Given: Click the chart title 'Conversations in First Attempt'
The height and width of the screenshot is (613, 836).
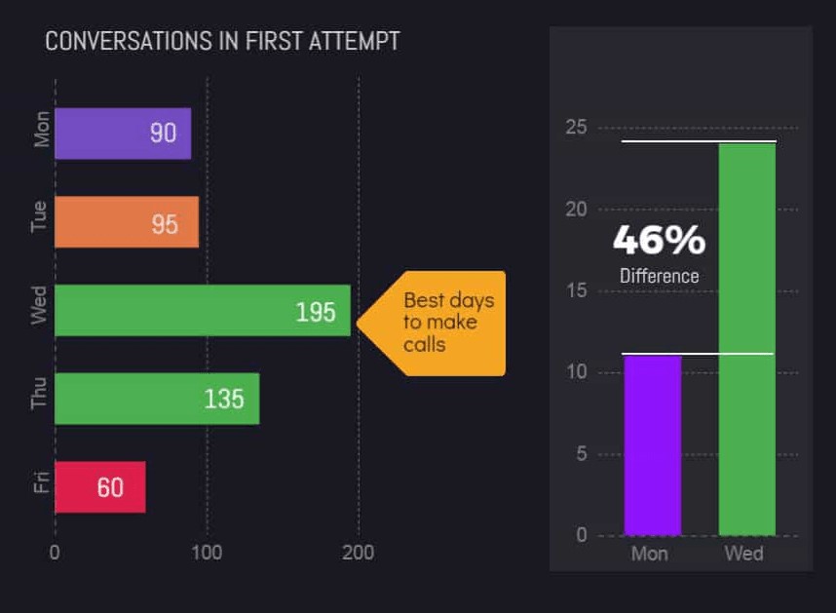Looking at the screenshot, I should click(x=222, y=42).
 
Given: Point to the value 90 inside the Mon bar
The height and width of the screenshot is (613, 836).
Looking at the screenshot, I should click(x=163, y=134).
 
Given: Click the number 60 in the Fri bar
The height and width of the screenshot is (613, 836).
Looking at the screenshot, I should click(x=110, y=486).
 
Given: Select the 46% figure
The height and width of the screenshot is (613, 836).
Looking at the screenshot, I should click(x=659, y=240).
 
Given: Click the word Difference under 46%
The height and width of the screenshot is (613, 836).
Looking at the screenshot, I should click(x=660, y=276).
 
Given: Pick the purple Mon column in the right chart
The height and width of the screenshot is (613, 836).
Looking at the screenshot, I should click(x=652, y=444).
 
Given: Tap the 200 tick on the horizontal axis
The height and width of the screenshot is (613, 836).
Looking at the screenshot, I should click(x=358, y=553).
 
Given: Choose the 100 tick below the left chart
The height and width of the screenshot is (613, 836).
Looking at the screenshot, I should click(x=207, y=553).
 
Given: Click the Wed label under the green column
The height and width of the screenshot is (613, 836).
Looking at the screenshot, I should click(x=744, y=554).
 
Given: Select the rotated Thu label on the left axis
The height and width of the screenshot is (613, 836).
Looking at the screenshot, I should click(x=39, y=399).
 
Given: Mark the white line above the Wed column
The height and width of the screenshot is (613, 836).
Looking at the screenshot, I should click(x=699, y=141).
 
